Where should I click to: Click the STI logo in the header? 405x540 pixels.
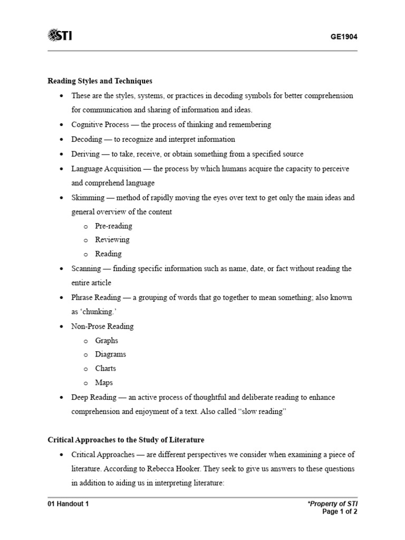pyautogui.click(x=60, y=35)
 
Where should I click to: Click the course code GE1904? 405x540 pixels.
pyautogui.click(x=345, y=37)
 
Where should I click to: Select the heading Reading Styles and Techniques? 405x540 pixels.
pyautogui.click(x=100, y=81)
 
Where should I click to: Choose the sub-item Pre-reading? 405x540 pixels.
pyautogui.click(x=113, y=226)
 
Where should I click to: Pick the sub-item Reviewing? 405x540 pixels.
pyautogui.click(x=112, y=240)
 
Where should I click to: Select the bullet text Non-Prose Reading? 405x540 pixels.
pyautogui.click(x=102, y=326)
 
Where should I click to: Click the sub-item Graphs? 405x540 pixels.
pyautogui.click(x=107, y=341)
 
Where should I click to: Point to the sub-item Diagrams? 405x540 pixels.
pyautogui.click(x=110, y=354)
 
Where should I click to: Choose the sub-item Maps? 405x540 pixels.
pyautogui.click(x=104, y=383)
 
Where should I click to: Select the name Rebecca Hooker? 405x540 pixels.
pyautogui.click(x=166, y=469)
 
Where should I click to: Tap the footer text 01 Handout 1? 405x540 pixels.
pyautogui.click(x=68, y=504)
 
